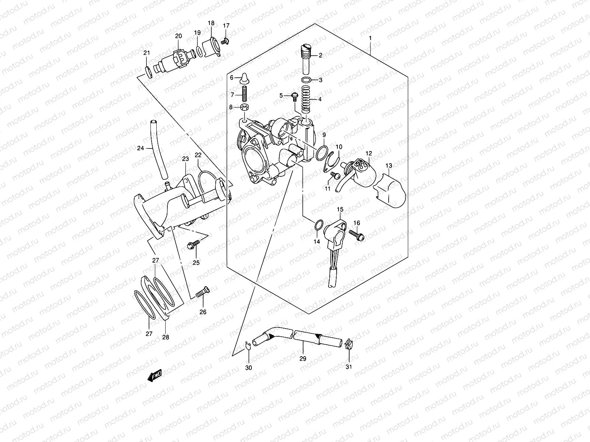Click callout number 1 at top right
click(x=370, y=38)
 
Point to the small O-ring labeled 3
click(x=306, y=80)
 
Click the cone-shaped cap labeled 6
click(x=243, y=77)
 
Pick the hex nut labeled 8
click(x=244, y=107)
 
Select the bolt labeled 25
click(x=194, y=243)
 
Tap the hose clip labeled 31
click(x=347, y=344)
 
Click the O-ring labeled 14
click(x=319, y=225)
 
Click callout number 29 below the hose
click(x=303, y=358)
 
